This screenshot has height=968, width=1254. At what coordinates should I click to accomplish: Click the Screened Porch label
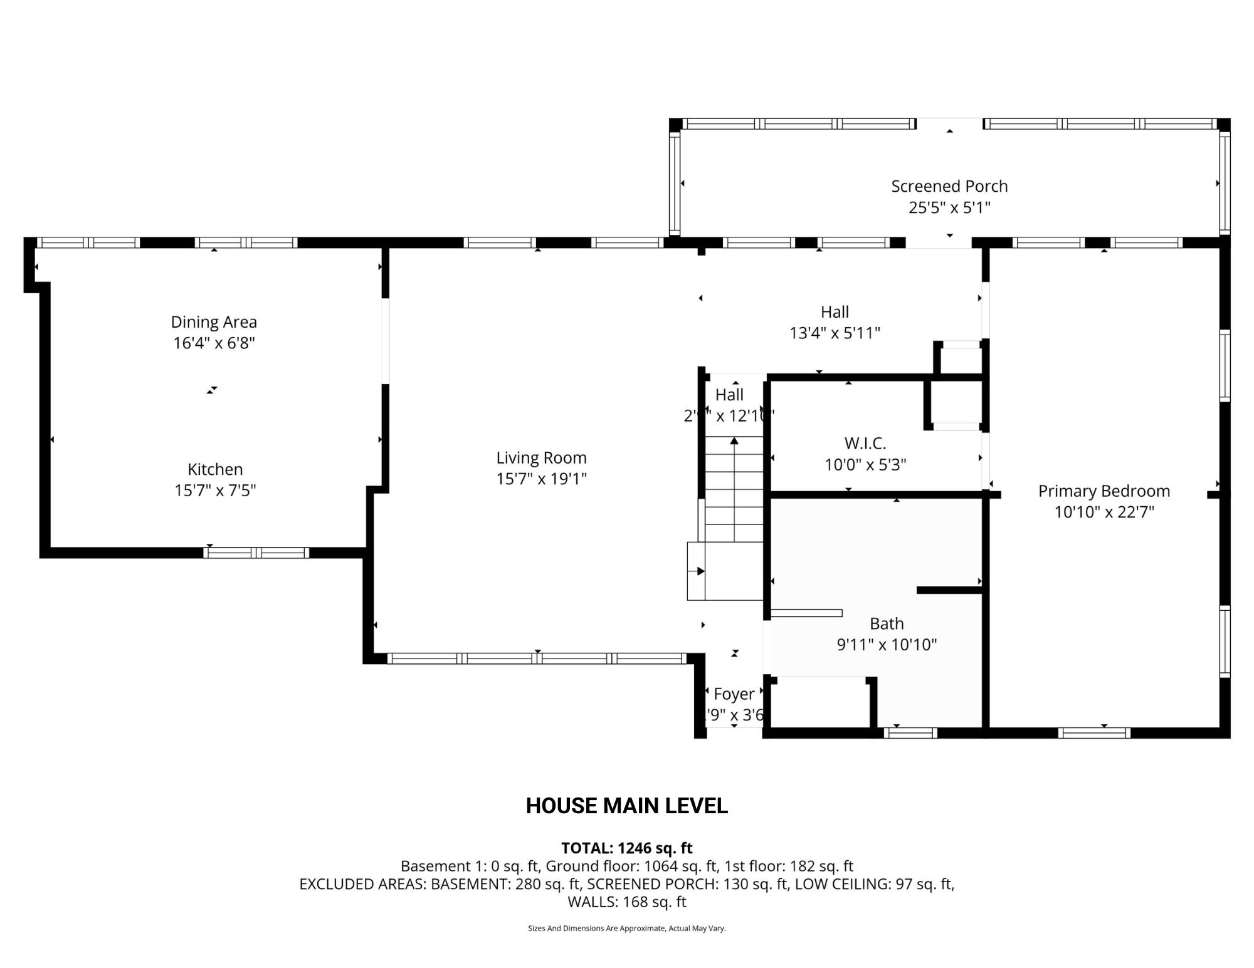click(949, 186)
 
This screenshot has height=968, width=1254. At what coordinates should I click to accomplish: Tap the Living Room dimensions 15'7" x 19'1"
click(541, 479)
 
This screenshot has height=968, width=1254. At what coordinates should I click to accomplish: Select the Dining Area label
click(214, 322)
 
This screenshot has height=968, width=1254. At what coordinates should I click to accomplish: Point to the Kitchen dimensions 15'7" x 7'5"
click(215, 491)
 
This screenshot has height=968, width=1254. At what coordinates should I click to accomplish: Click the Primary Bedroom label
click(1104, 491)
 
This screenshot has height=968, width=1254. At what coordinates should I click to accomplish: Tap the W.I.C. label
click(865, 444)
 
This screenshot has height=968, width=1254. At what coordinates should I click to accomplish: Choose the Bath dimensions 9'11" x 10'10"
click(887, 645)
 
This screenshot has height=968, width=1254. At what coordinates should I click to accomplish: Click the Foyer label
click(734, 694)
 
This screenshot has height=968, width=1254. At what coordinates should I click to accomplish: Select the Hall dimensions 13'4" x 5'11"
click(835, 333)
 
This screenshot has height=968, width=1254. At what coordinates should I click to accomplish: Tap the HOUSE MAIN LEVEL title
click(626, 806)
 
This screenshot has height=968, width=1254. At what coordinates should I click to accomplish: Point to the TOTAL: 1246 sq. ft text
click(626, 848)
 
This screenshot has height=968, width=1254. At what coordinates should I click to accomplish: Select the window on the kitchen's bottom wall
click(256, 553)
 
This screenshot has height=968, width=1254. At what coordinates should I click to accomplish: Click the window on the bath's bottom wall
click(910, 733)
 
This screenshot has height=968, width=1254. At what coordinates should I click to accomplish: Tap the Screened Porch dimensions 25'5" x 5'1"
click(949, 207)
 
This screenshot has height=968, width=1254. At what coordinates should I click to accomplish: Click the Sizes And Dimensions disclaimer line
click(626, 929)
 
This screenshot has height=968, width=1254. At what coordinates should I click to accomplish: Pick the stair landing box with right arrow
click(697, 571)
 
